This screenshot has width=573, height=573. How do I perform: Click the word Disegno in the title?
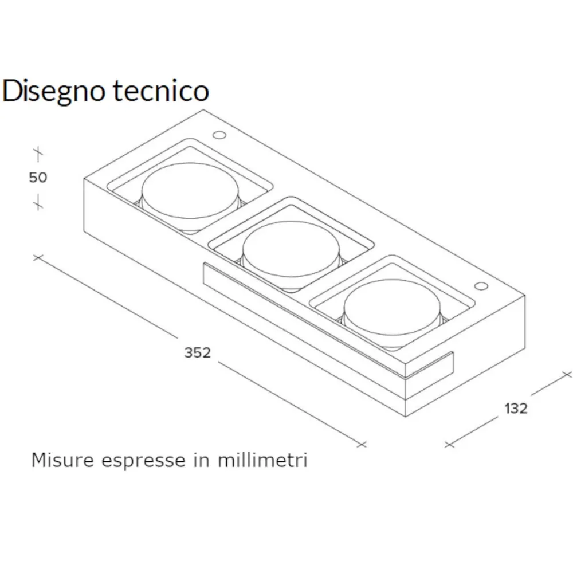click(x=53, y=91)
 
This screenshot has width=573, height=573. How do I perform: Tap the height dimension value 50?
click(x=38, y=178)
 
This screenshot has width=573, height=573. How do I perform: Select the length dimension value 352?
click(x=197, y=352)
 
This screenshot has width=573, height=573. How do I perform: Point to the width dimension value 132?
click(x=516, y=409)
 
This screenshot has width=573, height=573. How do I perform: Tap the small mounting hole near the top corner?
click(x=219, y=135)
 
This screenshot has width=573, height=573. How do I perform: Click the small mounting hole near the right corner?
click(x=480, y=285)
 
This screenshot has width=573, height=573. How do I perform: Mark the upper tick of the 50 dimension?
click(x=38, y=154)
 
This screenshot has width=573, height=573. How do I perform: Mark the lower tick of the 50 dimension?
click(x=38, y=202)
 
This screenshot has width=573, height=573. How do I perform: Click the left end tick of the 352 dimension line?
click(x=38, y=257)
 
